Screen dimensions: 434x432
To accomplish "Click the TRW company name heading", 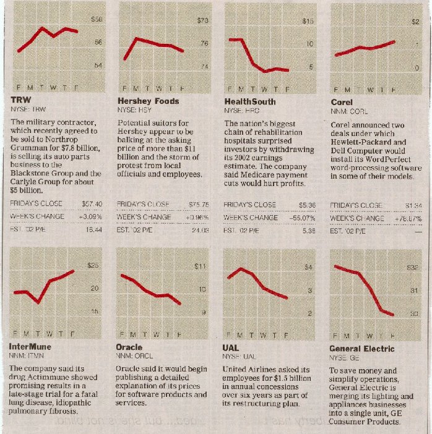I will tap(21, 101).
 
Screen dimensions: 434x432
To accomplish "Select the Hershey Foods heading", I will tap(148, 101).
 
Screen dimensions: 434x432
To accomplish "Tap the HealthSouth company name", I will tap(249, 101).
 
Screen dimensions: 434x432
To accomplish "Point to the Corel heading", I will tap(342, 101).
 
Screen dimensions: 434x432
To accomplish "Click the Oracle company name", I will tap(129, 347).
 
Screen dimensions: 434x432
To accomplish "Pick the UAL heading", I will tap(230, 347).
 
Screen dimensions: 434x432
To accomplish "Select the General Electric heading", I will tap(361, 349).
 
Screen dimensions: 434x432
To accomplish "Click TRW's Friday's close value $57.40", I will tap(92, 203).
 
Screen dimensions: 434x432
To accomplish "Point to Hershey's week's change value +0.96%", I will tap(197, 217).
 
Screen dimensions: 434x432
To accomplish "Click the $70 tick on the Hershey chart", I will tap(202, 21).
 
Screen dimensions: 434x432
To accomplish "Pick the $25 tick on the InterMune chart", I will tap(93, 266).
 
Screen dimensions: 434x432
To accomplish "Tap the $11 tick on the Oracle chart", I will tap(200, 267).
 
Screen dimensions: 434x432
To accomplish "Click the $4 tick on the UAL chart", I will tap(308, 267).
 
